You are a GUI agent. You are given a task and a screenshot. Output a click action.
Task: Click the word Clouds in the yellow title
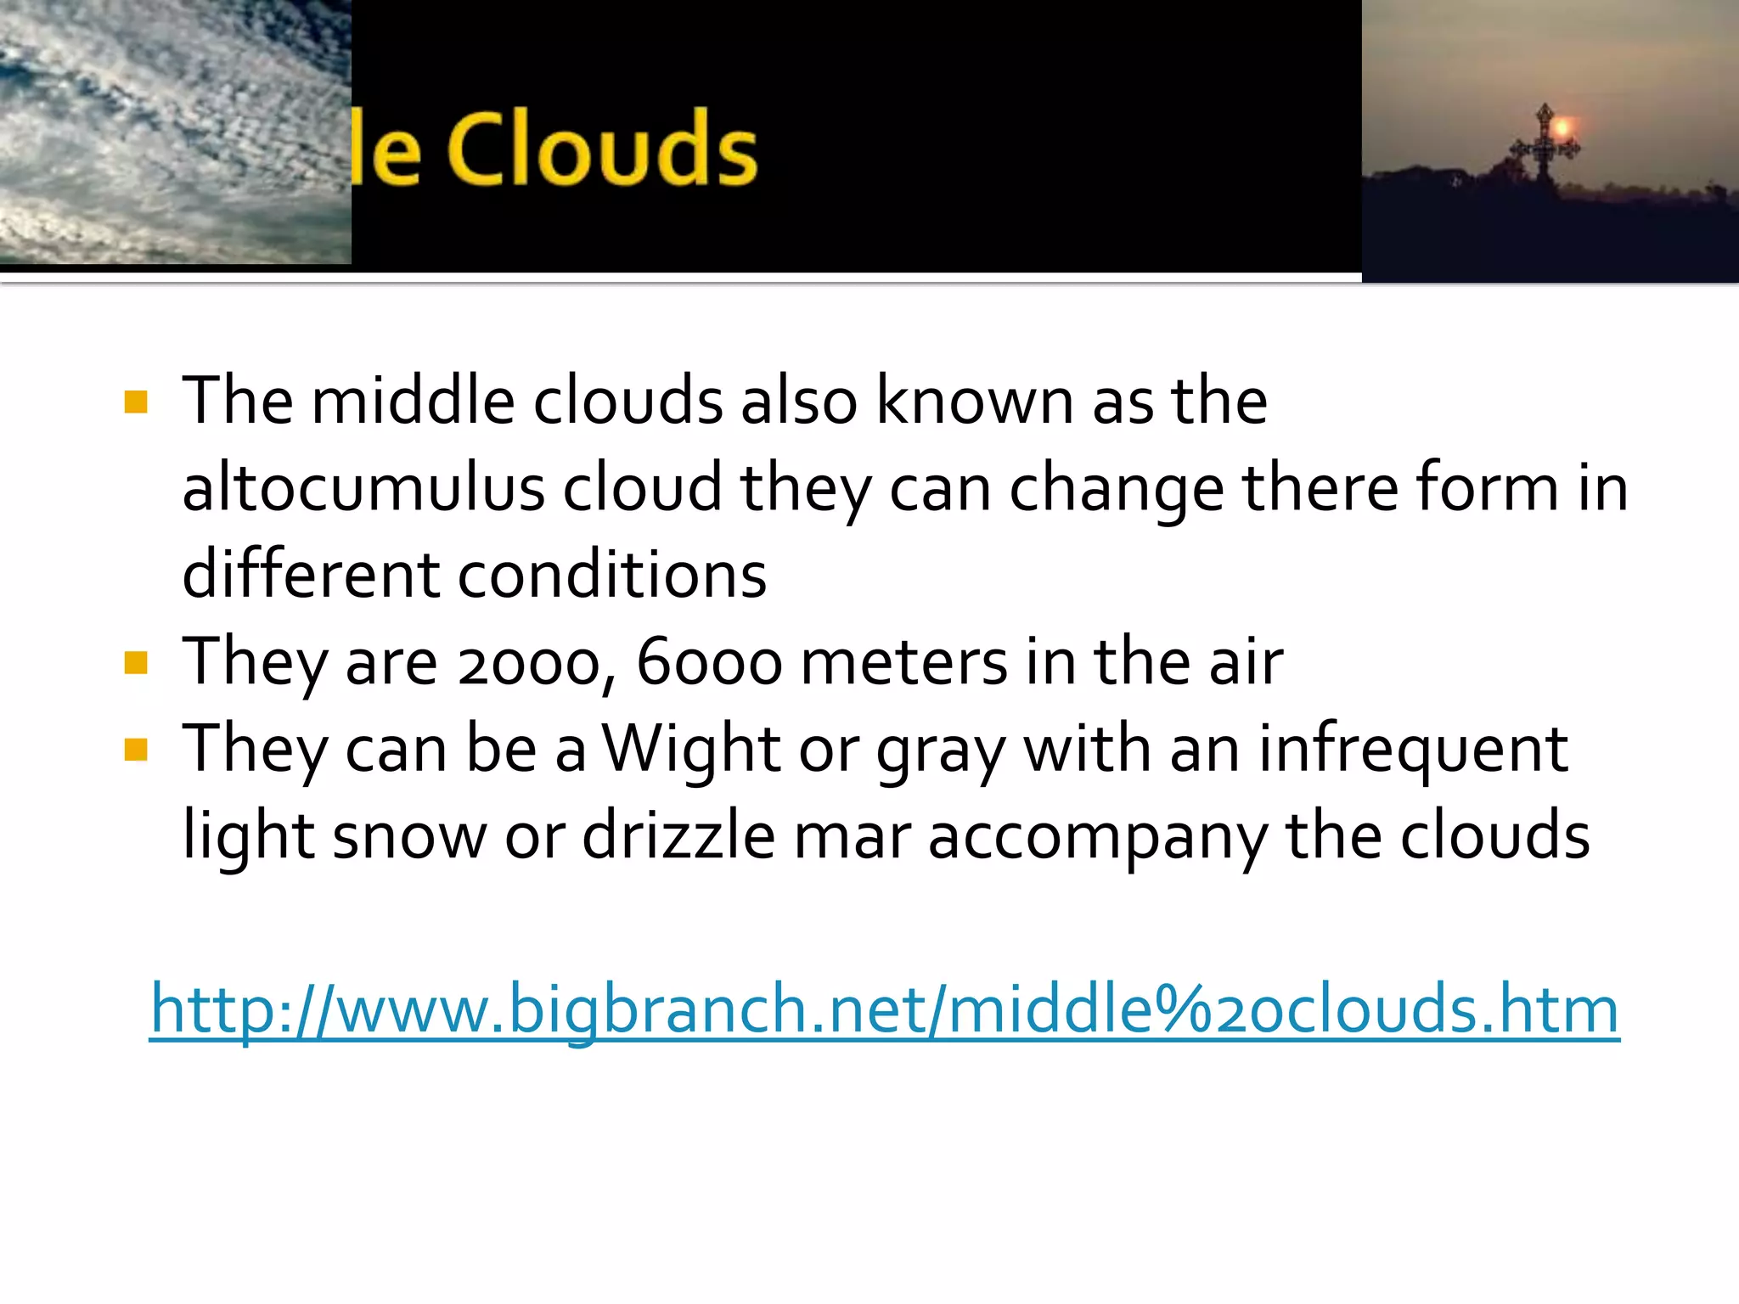coord(601,150)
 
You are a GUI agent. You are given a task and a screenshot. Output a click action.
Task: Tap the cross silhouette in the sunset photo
coord(1544,148)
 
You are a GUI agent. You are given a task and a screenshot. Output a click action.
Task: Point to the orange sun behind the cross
coord(1563,129)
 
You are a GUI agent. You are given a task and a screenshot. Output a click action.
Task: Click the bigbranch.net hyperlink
coord(884,1009)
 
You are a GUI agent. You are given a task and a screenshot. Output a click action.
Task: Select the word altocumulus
coord(363,488)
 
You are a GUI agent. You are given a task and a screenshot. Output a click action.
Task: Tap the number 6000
coord(709,663)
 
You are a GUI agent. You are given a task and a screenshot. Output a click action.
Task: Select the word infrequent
coord(1412,749)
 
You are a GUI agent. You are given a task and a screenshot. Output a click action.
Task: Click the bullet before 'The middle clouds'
coord(136,402)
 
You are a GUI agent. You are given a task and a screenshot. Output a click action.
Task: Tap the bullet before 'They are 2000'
coord(136,662)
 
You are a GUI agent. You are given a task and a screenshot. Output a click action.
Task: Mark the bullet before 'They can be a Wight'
coord(136,750)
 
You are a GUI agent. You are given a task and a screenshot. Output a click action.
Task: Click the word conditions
coord(612,575)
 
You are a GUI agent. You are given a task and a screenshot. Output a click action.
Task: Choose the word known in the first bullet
coord(974,401)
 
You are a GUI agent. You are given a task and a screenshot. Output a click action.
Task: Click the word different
coord(311,575)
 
